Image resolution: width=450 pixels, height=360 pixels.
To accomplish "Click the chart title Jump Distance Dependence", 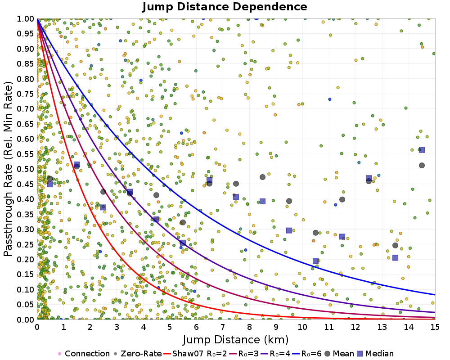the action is point(225,7).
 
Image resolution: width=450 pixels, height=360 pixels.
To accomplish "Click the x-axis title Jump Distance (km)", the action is point(236,340).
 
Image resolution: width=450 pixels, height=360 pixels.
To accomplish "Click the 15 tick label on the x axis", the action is point(435,327).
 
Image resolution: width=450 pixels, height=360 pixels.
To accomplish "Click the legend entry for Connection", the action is point(84,353).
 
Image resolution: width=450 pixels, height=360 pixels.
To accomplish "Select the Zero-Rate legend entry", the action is point(137,353).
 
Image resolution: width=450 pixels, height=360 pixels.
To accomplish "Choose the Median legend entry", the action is point(375,353).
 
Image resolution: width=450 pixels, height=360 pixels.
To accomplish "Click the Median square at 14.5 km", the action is point(422,150).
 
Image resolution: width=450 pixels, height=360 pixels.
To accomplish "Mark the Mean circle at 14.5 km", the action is point(422,165).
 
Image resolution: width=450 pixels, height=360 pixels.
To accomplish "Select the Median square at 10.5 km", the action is point(315,261).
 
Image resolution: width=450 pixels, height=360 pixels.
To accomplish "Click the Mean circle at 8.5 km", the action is point(262,177).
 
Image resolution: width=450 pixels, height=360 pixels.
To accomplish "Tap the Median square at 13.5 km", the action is point(395,258).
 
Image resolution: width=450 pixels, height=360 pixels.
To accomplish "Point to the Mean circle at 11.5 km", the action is point(342,199).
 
